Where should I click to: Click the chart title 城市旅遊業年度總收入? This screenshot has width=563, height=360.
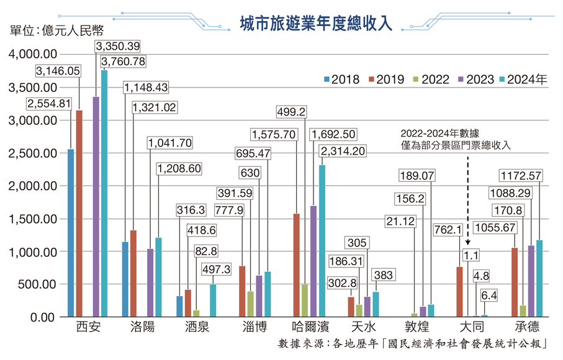point(317,22)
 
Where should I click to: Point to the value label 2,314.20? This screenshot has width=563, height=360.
point(341,150)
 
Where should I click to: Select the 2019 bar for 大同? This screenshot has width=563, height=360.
point(459,292)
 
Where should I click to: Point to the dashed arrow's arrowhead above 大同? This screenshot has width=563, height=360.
point(467,245)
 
